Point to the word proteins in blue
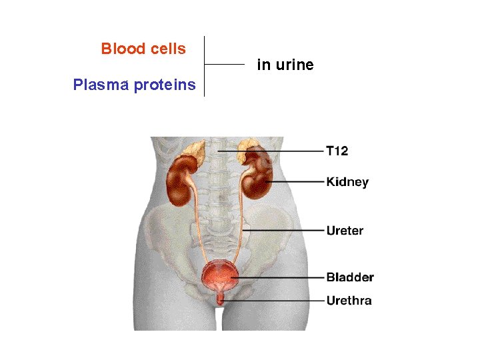point(165,85)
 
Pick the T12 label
point(337,151)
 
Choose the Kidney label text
point(347,181)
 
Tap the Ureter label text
point(345,231)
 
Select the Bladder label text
point(350,277)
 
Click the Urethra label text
point(349,300)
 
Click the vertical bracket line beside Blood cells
point(204,66)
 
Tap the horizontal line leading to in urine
point(225,65)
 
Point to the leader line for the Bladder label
point(280,277)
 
